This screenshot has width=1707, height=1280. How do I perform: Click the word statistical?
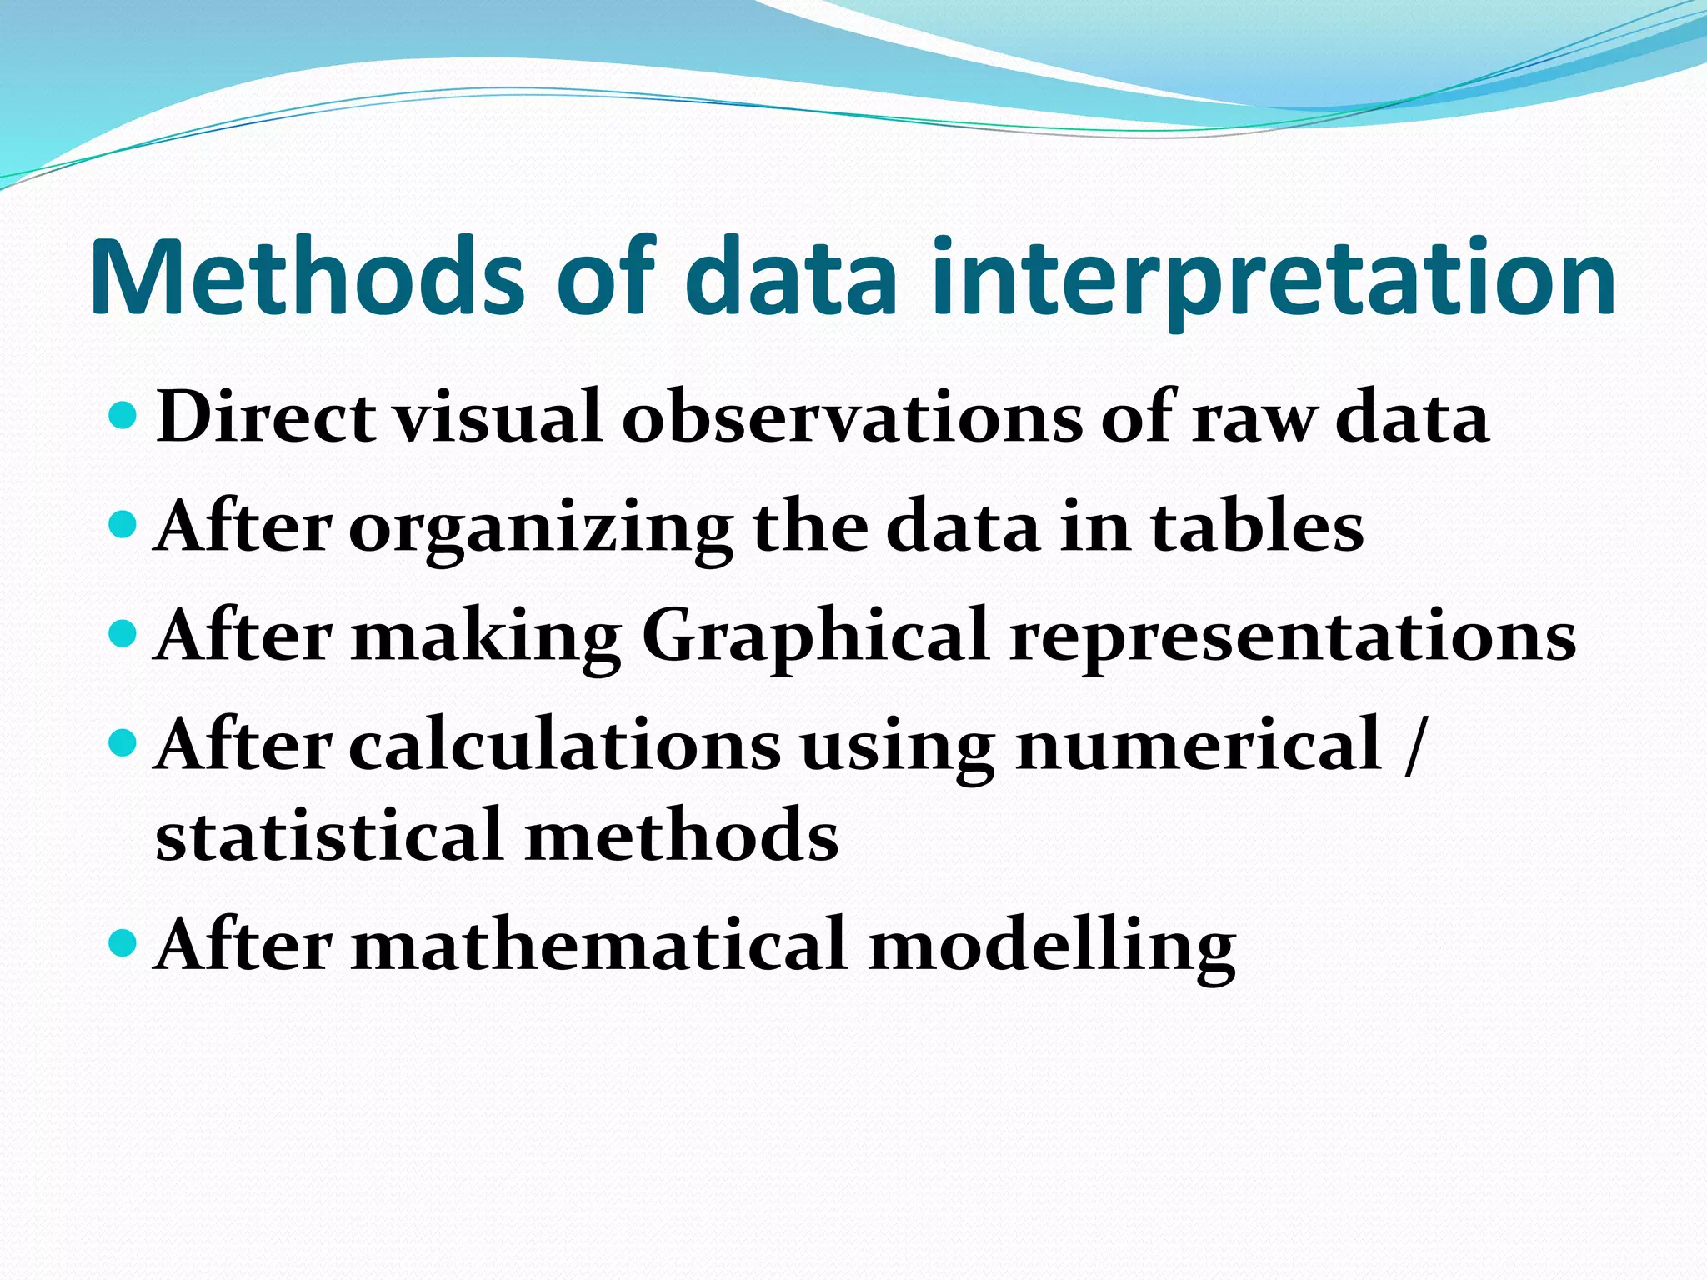pos(330,835)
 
